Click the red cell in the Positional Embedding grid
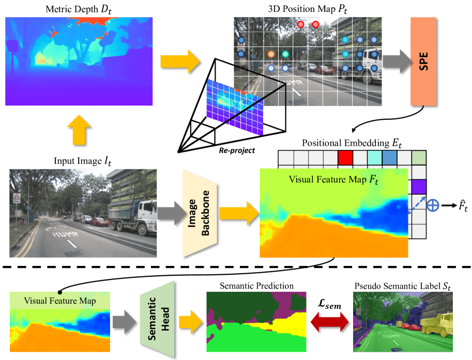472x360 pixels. tap(345, 156)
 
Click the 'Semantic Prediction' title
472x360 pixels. tap(256, 286)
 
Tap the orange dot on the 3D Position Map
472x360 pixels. tap(271, 54)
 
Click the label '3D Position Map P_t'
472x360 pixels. tap(308, 9)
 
